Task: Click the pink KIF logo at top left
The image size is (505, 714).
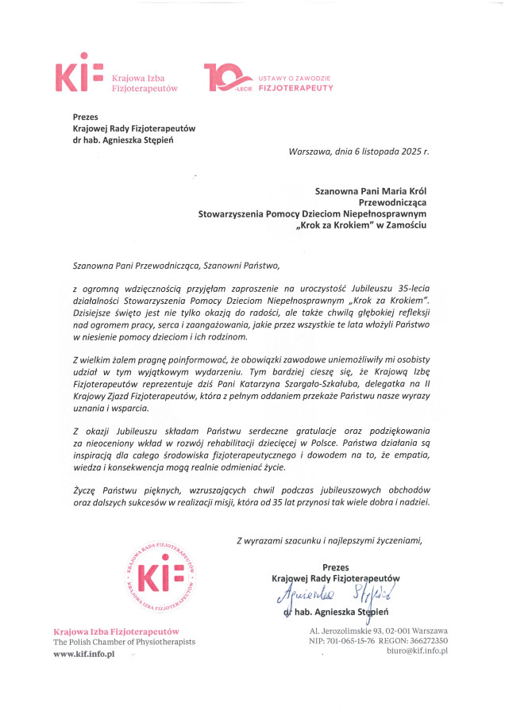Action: point(79,77)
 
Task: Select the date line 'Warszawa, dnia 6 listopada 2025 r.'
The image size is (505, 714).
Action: point(359,150)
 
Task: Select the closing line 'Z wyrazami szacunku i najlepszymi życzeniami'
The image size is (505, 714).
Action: point(330,540)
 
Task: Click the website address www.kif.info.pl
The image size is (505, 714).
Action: point(84,654)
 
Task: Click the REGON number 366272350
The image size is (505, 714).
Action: point(430,640)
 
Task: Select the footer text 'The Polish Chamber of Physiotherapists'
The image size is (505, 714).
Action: point(123,641)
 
